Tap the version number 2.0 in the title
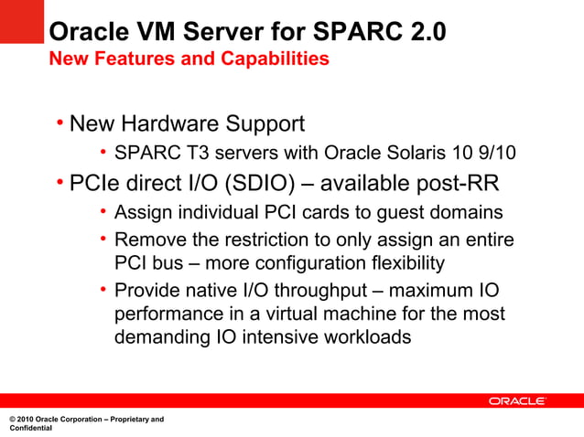[x=428, y=33]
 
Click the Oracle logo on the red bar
[x=517, y=400]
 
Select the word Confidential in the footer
[x=30, y=428]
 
